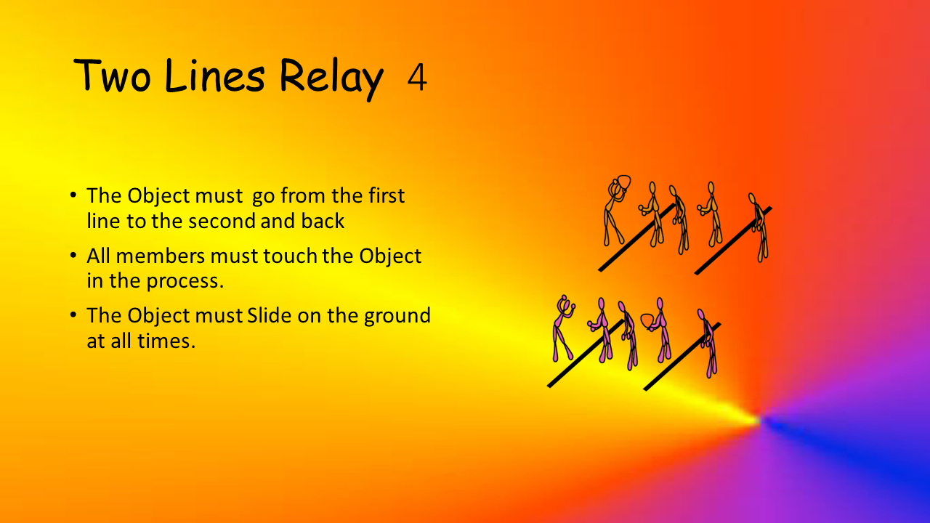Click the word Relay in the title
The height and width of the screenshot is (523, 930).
click(x=331, y=78)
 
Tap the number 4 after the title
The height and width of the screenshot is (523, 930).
click(x=417, y=78)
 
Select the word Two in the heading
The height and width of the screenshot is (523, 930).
click(x=112, y=76)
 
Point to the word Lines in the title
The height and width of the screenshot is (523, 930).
click(x=214, y=75)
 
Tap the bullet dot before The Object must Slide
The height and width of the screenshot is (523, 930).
click(x=73, y=315)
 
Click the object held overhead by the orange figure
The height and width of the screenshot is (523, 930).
click(x=624, y=182)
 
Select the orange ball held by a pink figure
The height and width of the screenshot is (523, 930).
click(x=647, y=321)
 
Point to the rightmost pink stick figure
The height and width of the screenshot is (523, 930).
click(x=708, y=343)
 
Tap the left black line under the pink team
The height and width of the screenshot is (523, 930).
click(x=586, y=354)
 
